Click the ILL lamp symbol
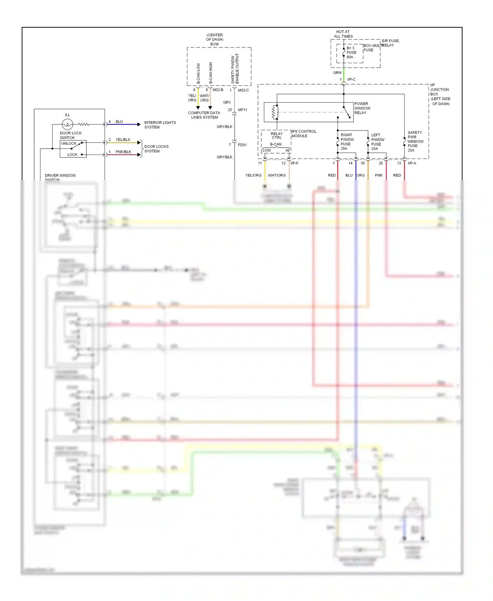pos(67,124)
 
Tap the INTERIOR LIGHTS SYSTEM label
pos(160,125)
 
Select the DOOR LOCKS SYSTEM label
pos(156,149)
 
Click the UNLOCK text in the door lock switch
pos(69,143)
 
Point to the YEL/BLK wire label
pos(123,139)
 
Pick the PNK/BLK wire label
pos(123,152)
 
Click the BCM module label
pos(214,44)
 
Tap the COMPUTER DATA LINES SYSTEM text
pos(204,115)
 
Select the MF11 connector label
pos(243,110)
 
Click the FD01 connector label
pos(242,145)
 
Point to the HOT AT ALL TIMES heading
pos(343,34)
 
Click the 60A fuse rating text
pos(350,57)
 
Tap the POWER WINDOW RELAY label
pos(362,108)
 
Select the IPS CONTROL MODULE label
pos(304,133)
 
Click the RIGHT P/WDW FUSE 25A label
pos(347,141)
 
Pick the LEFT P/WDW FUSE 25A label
pos(377,142)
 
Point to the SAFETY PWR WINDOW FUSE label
pos(415,141)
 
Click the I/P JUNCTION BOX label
pos(440,94)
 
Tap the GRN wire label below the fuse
pos(337,73)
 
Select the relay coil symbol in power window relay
pos(275,112)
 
